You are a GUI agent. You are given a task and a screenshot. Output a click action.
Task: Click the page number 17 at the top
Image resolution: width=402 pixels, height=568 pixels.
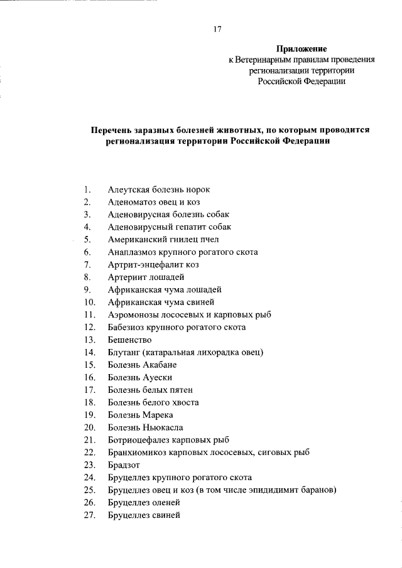(217, 28)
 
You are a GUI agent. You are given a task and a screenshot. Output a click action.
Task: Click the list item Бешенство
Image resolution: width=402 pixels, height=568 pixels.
(129, 340)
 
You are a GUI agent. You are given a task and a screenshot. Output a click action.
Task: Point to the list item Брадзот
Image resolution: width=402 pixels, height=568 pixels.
(124, 465)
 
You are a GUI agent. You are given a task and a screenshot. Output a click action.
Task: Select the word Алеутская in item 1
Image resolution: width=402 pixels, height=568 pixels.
(128, 189)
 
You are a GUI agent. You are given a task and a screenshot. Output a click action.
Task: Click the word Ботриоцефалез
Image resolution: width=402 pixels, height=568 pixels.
(136, 440)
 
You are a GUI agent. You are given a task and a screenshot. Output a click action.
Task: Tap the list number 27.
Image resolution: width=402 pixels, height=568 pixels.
(89, 515)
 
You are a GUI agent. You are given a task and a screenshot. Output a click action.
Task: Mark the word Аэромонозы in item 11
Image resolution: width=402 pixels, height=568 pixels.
(131, 314)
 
